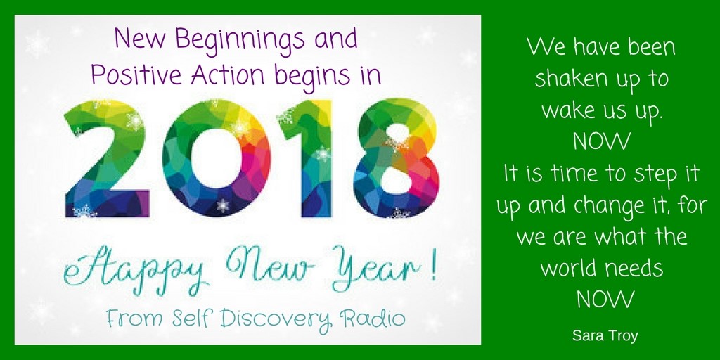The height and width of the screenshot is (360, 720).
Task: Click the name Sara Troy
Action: coord(605,335)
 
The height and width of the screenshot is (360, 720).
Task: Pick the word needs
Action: coord(634,268)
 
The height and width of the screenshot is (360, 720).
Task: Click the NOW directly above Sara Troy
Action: coord(605,300)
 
